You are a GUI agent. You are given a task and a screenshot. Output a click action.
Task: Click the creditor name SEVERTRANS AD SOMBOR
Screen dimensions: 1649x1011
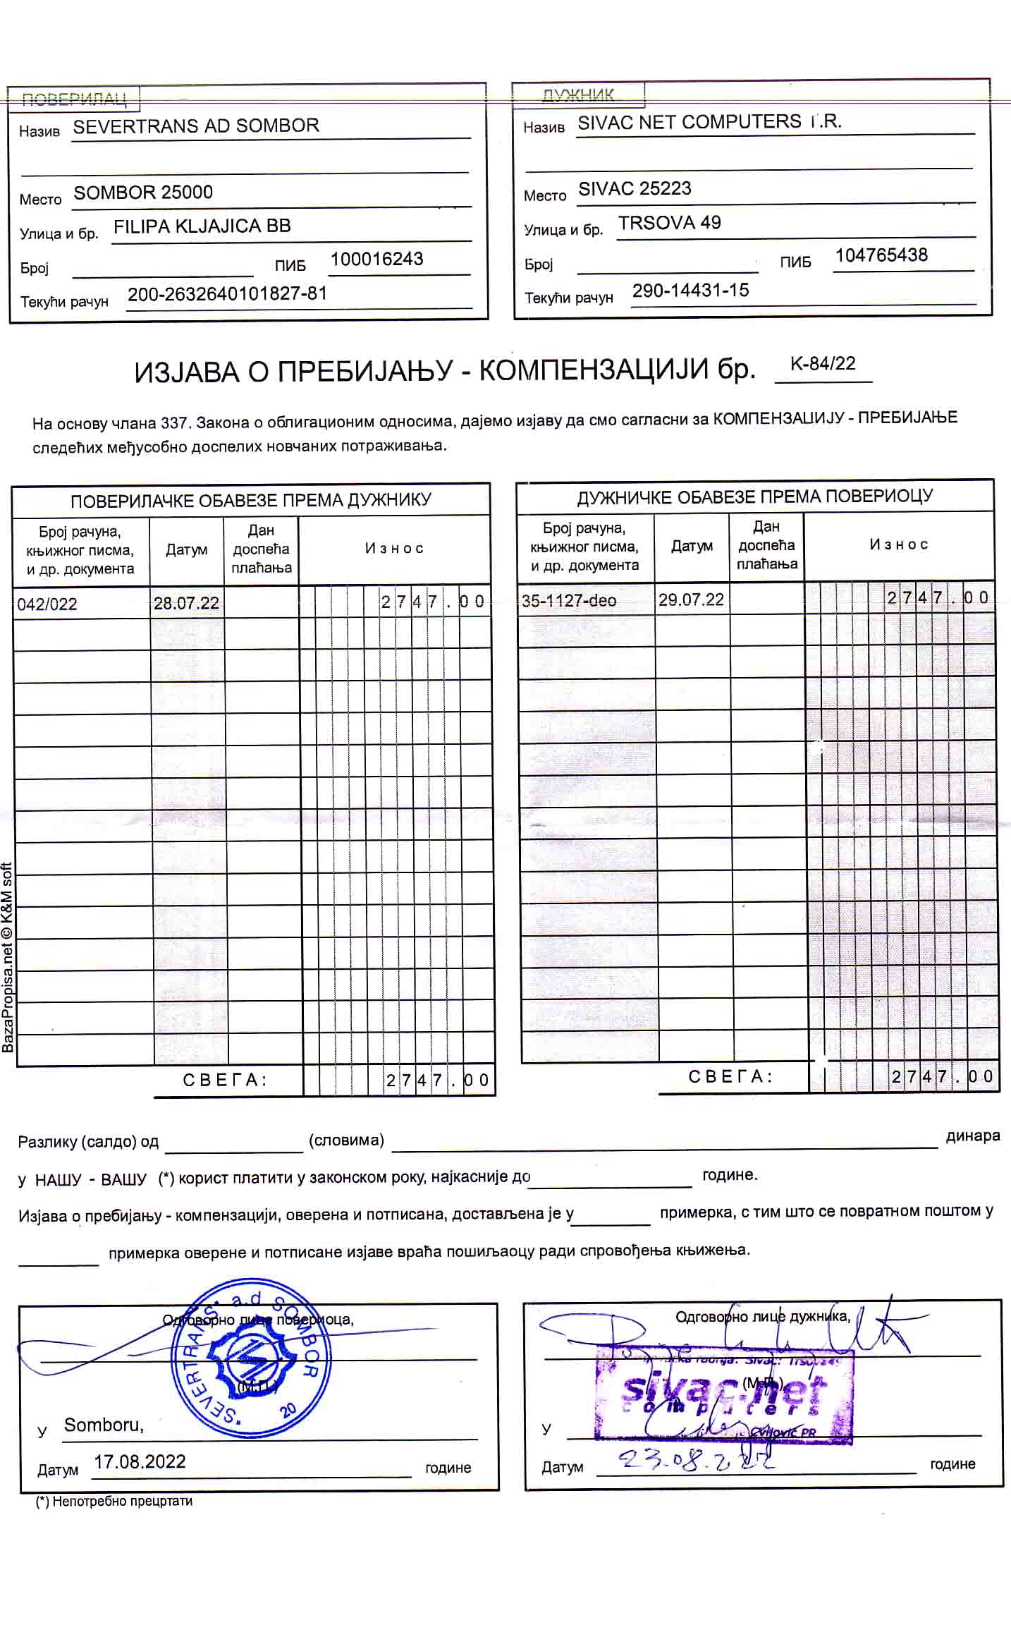coord(196,126)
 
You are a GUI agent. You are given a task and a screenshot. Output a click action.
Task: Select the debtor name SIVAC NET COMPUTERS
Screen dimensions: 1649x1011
coord(709,123)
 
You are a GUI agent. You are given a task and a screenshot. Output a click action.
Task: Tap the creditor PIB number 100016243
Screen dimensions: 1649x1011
coord(376,259)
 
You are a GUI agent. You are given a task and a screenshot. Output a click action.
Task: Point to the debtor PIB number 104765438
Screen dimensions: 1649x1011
coord(881,255)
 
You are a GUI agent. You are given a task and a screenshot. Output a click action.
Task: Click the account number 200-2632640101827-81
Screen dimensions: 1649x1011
coord(227,293)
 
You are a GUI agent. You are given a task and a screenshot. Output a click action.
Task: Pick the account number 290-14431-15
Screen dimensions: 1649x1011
coord(690,291)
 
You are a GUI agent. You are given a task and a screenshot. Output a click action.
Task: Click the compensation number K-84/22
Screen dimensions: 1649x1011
coord(823,364)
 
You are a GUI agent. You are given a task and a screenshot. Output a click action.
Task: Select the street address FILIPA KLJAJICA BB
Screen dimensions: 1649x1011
coord(202,226)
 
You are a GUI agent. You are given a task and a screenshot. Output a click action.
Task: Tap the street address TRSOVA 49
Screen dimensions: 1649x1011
coord(669,223)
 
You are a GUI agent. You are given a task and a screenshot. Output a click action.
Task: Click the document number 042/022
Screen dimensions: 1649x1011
coord(47,604)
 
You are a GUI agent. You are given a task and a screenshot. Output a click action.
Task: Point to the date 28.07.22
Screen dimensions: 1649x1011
coord(186,603)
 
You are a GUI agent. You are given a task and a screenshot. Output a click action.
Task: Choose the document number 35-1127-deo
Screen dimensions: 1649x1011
coord(568,601)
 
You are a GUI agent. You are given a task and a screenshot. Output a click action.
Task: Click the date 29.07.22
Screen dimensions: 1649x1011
coord(691,600)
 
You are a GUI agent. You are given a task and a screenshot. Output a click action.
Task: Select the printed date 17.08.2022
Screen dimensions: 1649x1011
coord(140,1462)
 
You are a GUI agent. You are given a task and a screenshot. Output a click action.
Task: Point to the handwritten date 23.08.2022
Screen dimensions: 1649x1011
coord(694,1459)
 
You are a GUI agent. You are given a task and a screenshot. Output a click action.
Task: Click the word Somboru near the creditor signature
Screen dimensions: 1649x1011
coord(104,1425)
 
